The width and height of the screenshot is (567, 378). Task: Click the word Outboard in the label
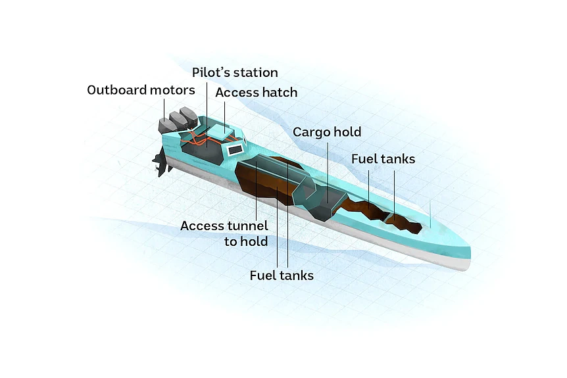[x=117, y=90]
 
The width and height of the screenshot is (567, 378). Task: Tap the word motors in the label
[x=172, y=90]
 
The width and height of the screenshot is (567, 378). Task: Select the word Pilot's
[x=209, y=72]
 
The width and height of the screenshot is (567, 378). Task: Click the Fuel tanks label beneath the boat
[x=282, y=275]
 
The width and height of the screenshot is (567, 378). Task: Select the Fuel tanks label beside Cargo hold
[x=383, y=159]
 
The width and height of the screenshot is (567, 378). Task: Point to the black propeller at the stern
[x=161, y=164]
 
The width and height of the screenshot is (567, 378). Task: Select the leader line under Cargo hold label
[x=328, y=173]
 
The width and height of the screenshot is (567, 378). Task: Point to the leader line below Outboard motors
[x=164, y=109]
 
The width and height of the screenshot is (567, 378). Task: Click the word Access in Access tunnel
[x=202, y=226]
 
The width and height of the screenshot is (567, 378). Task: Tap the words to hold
[x=246, y=241]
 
